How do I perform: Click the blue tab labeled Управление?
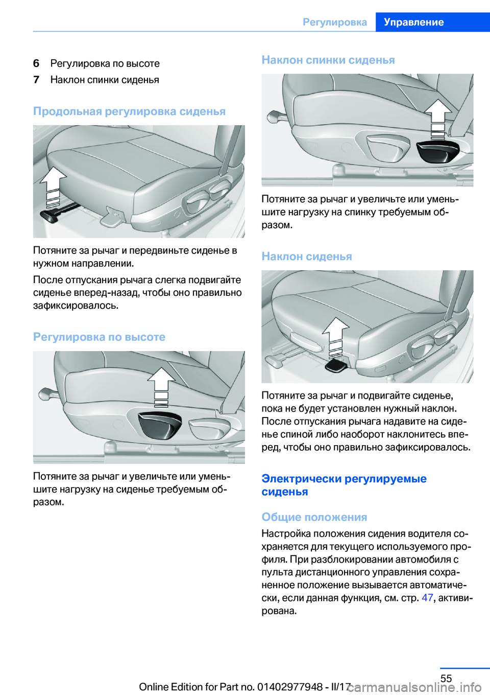(x=413, y=22)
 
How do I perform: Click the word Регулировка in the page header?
(x=335, y=22)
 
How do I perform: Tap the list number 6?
(x=36, y=63)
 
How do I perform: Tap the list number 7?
(x=36, y=80)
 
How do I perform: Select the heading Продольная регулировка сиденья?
(x=129, y=111)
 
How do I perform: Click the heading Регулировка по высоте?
(x=99, y=337)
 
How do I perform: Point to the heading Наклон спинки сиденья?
(x=328, y=60)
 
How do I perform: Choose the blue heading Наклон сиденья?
(x=307, y=257)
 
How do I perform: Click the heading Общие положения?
(x=314, y=517)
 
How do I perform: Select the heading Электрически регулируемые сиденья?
(x=344, y=485)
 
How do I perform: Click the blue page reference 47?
(x=427, y=598)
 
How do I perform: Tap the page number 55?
(x=446, y=678)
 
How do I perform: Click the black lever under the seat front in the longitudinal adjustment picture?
(x=49, y=216)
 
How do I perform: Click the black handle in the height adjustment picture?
(x=160, y=424)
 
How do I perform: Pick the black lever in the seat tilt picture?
(x=336, y=365)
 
